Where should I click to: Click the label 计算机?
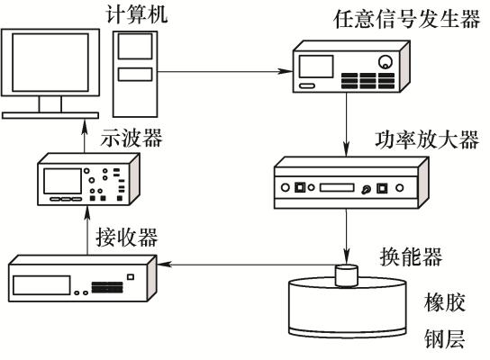pyautogui.click(x=137, y=13)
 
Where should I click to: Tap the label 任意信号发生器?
pyautogui.click(x=407, y=20)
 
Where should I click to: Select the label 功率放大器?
pyautogui.click(x=427, y=139)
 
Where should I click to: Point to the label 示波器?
pyautogui.click(x=132, y=138)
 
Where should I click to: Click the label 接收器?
pyautogui.click(x=127, y=238)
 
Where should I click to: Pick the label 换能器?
pyautogui.click(x=411, y=256)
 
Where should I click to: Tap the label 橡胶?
pyautogui.click(x=445, y=301)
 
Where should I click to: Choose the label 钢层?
pyautogui.click(x=445, y=338)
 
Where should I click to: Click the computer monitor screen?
pyautogui.click(x=50, y=62)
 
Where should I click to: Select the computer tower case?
pyautogui.click(x=135, y=74)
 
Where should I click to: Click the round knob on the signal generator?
pyautogui.click(x=386, y=62)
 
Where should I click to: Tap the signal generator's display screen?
pyautogui.click(x=316, y=67)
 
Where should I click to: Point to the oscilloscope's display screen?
pyautogui.click(x=62, y=182)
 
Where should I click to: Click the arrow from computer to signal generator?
pyautogui.click(x=225, y=71)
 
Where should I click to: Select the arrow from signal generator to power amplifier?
pyautogui.click(x=346, y=124)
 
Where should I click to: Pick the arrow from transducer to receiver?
pyautogui.click(x=247, y=265)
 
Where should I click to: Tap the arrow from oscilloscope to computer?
pyautogui.click(x=84, y=136)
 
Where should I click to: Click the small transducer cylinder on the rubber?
pyautogui.click(x=346, y=275)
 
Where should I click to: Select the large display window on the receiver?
pyautogui.click(x=41, y=284)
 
